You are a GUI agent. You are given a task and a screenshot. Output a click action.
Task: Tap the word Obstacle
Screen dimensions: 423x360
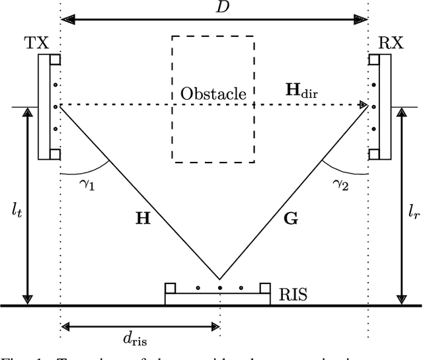[x=213, y=94]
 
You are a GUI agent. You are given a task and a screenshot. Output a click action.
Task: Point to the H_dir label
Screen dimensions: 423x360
[x=301, y=90]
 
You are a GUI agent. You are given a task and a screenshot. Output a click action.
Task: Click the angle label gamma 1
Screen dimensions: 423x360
[x=86, y=186]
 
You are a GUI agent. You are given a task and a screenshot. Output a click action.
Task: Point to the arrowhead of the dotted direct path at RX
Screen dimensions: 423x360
[x=363, y=104]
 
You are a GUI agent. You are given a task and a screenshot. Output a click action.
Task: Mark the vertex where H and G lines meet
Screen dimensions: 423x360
[x=219, y=278]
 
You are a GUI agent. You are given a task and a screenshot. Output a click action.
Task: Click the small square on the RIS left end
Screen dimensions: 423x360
[x=171, y=287]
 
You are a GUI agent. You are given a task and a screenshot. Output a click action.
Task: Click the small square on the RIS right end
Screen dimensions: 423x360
[x=265, y=287]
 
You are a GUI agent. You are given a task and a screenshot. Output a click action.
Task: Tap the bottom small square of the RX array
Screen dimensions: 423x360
[x=373, y=155]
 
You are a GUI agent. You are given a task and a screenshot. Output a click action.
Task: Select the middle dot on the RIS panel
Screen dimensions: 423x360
[x=219, y=288]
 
